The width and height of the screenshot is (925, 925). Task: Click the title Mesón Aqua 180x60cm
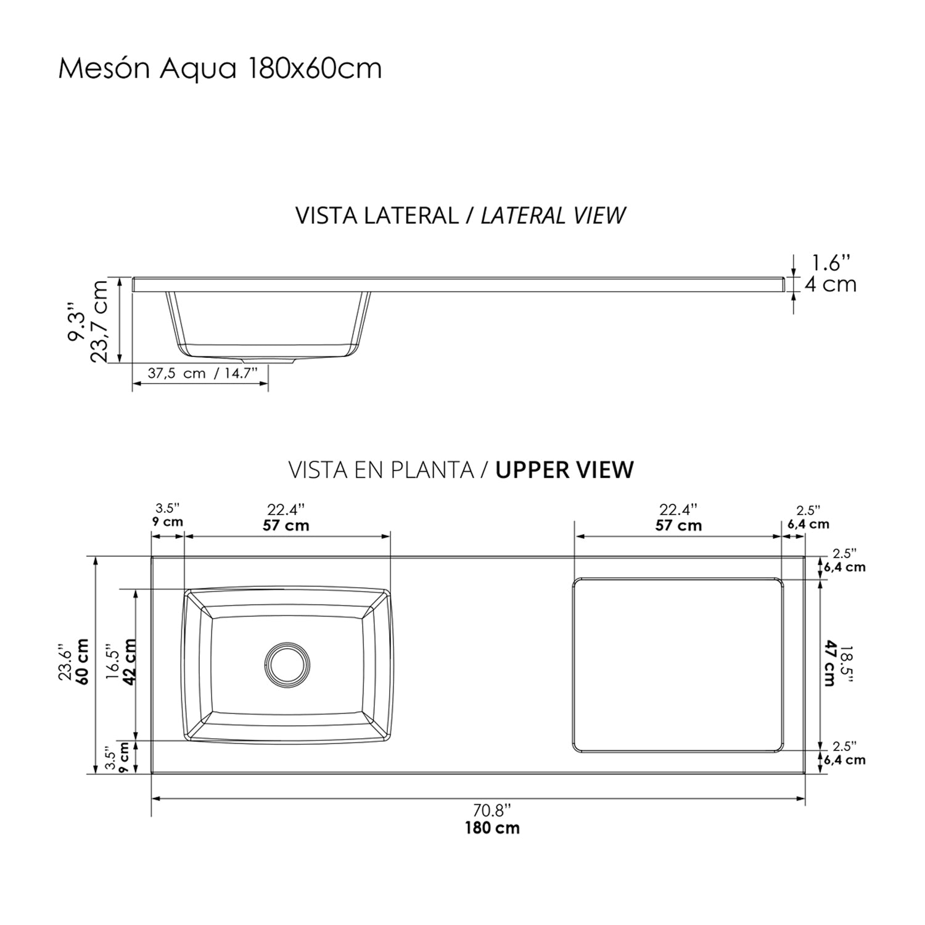tap(220, 68)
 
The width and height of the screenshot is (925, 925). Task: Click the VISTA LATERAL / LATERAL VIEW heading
tap(461, 215)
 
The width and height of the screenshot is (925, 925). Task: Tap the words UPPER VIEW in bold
tap(565, 470)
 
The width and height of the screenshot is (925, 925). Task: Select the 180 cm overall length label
tap(493, 828)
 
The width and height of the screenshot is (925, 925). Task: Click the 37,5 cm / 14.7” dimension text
tap(202, 374)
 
